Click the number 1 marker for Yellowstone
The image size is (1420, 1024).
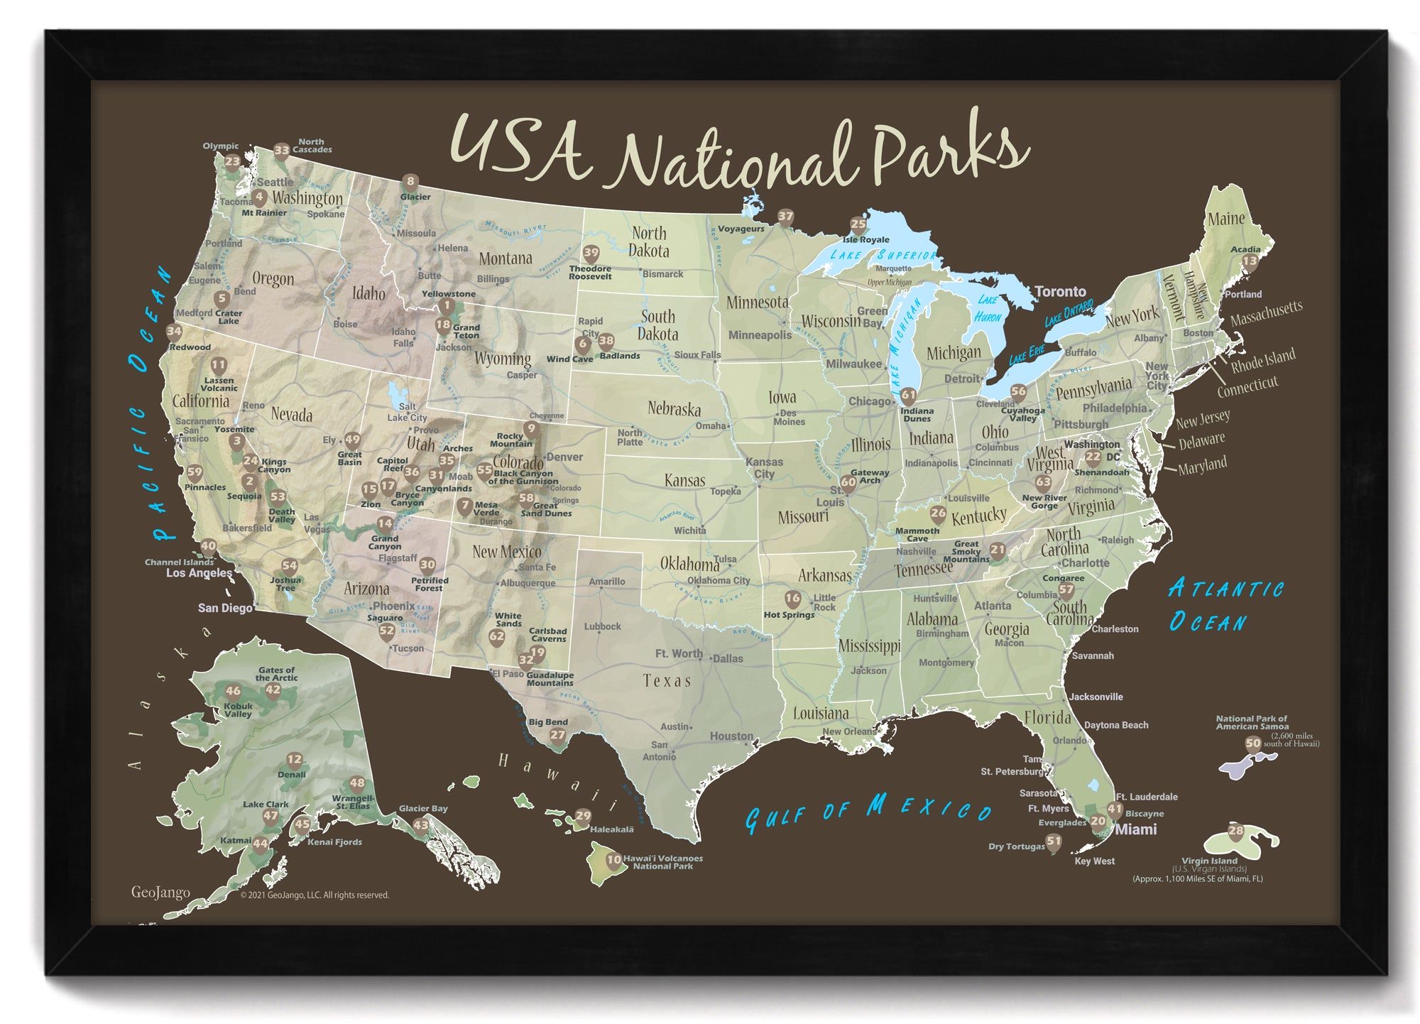coord(446,306)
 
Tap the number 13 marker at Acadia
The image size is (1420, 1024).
coord(1250,261)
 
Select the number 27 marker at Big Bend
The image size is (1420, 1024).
coord(558,736)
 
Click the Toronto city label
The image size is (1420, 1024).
coord(1060,291)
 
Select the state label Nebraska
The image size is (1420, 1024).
coord(674,409)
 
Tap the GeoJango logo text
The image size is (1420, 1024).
coord(160,893)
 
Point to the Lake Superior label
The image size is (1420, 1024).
coord(883,255)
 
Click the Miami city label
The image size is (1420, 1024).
coord(1136,829)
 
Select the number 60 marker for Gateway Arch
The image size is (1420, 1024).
coord(848,483)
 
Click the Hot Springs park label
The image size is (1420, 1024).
coord(789,615)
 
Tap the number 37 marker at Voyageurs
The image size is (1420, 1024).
coord(785,217)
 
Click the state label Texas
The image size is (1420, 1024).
coord(667,681)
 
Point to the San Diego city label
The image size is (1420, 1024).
coord(224,608)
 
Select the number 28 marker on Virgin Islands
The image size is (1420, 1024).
coord(1236,831)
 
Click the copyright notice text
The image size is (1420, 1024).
coord(315,895)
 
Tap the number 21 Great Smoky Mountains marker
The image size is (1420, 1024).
coord(998,550)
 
